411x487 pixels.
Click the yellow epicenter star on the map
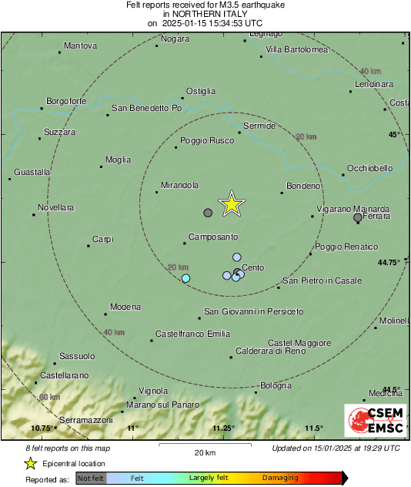click(x=232, y=204)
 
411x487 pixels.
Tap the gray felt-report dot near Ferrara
click(x=358, y=218)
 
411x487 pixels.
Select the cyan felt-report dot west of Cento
click(x=185, y=278)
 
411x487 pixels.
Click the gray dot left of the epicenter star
click(x=207, y=213)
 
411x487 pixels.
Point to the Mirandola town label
click(x=180, y=186)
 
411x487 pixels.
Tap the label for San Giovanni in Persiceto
click(x=253, y=311)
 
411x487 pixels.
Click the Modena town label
click(x=125, y=307)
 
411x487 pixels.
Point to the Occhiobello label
click(x=369, y=168)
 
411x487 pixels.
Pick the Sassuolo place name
click(x=77, y=356)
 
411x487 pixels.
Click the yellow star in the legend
click(x=30, y=463)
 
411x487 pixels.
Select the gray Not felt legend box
click(x=91, y=479)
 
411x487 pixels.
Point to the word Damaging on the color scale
click(x=280, y=479)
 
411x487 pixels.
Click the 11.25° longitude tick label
click(x=223, y=428)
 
